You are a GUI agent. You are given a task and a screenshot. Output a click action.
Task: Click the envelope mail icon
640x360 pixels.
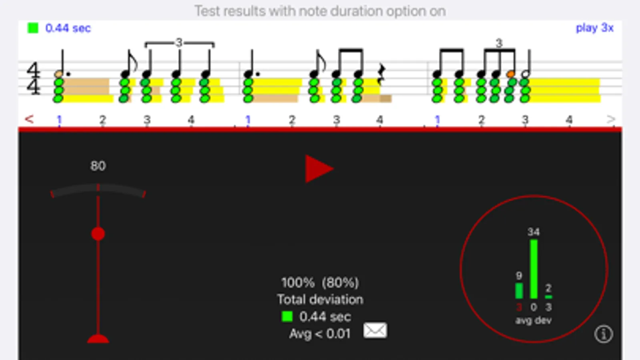coord(375,330)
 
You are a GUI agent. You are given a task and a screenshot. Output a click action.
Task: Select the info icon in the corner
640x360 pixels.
coord(604,334)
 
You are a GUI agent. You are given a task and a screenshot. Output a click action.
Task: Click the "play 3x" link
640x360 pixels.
coord(594,28)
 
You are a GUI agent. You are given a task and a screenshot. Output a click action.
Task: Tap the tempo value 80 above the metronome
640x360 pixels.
coord(98,166)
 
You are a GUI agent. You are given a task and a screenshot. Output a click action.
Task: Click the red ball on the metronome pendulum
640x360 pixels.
coord(98,234)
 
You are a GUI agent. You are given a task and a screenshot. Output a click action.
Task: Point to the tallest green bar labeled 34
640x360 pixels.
coord(534,269)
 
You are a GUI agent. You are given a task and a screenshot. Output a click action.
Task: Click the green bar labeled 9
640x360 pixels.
coord(519,291)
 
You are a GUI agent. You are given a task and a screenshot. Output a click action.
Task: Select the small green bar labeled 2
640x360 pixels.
coord(548,297)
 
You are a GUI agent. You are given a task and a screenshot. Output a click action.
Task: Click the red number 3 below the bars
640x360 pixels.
coord(519,307)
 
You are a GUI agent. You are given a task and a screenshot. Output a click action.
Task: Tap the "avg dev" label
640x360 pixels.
coord(533,320)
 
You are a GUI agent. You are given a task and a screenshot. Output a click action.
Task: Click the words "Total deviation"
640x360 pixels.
coord(320,300)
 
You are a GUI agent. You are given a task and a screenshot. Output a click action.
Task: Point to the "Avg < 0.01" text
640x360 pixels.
coord(320,334)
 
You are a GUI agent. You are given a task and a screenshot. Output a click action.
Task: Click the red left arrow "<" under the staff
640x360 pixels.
coord(29,119)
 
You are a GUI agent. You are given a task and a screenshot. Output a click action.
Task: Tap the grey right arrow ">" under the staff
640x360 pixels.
coord(610,119)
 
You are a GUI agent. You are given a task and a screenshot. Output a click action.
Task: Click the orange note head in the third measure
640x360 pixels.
coord(511,74)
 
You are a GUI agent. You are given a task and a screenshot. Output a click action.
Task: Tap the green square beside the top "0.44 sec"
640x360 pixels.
coord(33,28)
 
